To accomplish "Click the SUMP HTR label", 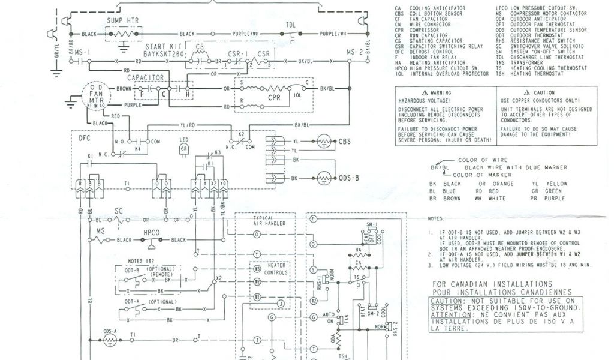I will point(122,20).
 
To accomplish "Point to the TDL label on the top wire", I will point(290,25).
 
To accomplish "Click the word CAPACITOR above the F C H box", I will point(145,78).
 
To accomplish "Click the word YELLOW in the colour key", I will point(556,183).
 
